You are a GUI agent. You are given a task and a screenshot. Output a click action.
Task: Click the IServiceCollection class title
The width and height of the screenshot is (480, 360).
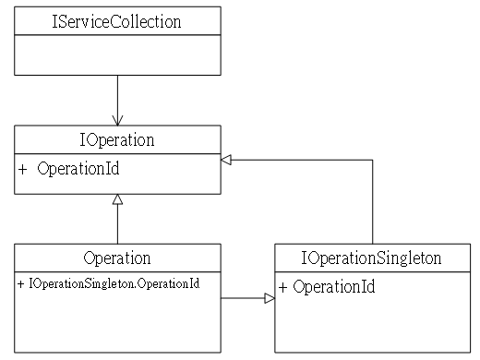(x=116, y=21)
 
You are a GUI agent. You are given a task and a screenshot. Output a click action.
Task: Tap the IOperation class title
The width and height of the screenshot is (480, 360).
(x=117, y=140)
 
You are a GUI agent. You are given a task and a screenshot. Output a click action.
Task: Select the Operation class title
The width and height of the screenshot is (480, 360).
(x=117, y=258)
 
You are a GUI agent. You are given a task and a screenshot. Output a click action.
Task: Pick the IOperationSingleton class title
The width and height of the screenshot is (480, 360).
(x=371, y=258)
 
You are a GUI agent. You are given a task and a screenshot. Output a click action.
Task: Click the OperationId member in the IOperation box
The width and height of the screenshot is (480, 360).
(x=78, y=169)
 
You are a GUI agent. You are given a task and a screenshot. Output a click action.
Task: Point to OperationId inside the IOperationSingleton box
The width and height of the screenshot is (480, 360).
(x=334, y=287)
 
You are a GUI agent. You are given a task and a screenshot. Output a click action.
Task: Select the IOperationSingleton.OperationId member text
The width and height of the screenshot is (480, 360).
(x=114, y=283)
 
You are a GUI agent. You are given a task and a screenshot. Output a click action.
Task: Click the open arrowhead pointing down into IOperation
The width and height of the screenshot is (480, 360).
(x=117, y=120)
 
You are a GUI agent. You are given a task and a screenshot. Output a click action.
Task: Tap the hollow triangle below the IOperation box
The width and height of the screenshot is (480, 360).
(x=117, y=199)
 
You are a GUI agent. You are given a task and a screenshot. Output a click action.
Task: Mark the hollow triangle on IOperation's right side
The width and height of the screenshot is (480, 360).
(x=226, y=160)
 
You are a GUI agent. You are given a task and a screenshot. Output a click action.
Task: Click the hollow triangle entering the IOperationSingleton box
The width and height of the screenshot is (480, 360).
(x=270, y=298)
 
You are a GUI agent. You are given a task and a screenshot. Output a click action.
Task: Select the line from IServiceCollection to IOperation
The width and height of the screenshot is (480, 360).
(x=117, y=101)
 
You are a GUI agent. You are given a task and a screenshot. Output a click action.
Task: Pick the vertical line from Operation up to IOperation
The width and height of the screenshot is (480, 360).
(x=117, y=219)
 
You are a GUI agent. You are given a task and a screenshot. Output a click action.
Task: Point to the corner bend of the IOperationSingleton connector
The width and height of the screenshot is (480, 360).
(x=373, y=160)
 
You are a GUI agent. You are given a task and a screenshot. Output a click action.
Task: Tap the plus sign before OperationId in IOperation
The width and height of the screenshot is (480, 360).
(x=22, y=169)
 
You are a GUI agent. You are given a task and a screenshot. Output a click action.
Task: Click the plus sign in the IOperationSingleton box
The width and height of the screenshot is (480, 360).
(x=282, y=287)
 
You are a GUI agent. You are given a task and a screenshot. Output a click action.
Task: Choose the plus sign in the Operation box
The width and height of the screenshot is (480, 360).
(x=20, y=283)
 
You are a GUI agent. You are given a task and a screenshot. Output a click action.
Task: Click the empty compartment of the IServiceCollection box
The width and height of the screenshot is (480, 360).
(x=117, y=55)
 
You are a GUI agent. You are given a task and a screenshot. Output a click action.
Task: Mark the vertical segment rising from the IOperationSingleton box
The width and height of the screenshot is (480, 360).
(x=373, y=202)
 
